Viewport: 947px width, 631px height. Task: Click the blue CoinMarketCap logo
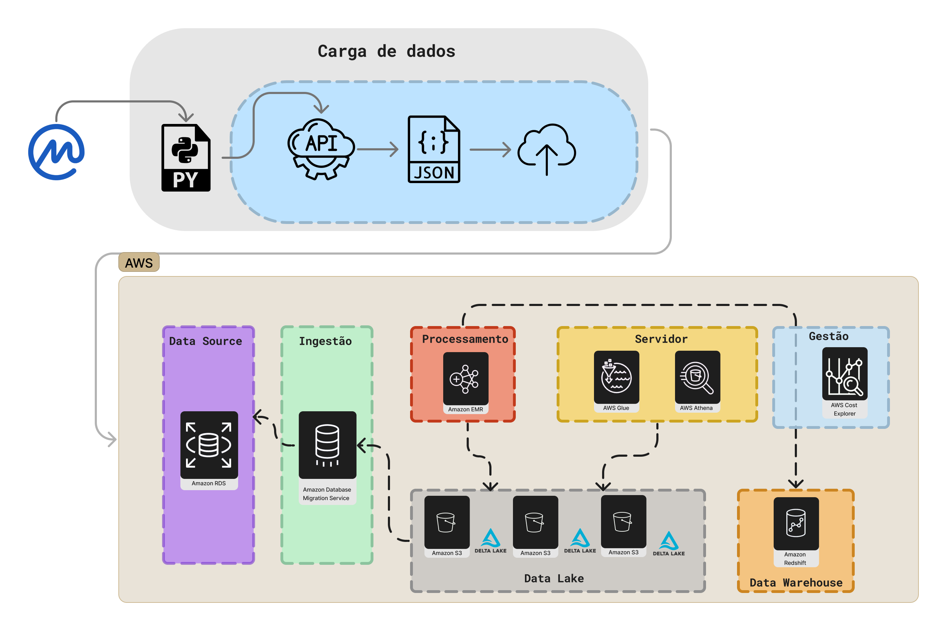coord(56,152)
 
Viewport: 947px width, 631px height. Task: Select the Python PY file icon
coord(186,158)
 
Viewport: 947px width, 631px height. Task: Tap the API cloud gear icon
coord(321,149)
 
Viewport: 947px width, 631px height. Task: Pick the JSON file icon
coord(434,149)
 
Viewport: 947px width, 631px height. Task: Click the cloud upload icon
coord(546,149)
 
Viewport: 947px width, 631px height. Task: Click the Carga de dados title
coord(386,51)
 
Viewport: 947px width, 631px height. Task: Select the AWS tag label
coord(139,263)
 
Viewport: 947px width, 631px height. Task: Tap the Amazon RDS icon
coord(209,445)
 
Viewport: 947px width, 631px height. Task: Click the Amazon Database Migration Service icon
coord(327,445)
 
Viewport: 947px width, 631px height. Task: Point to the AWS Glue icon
coord(616,377)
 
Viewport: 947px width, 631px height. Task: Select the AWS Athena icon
coord(697,377)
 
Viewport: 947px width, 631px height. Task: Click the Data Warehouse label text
coord(796,582)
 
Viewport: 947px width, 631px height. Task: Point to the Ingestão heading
coord(325,341)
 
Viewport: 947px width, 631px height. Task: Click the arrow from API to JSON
coord(377,149)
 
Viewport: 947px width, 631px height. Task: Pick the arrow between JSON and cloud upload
coord(490,150)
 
